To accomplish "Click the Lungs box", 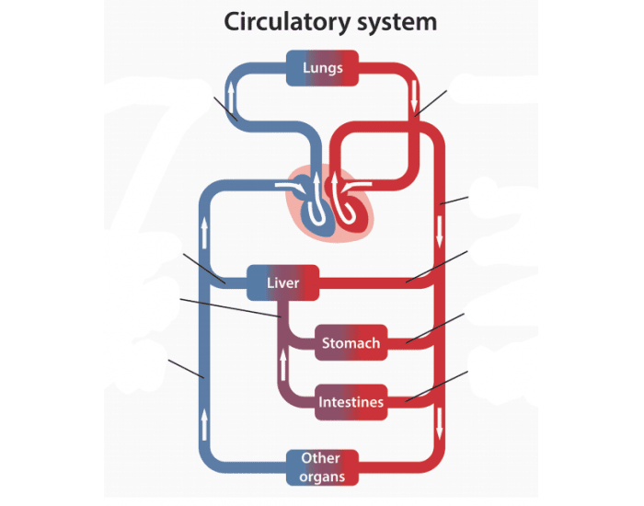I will coord(322,68).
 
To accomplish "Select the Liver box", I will coord(282,282).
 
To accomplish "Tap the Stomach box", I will coord(350,343).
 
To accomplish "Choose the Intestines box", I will coord(350,402).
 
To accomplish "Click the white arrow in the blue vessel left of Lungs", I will coord(231,94).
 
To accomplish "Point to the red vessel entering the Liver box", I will coord(368,282).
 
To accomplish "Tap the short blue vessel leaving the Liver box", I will coord(230,282).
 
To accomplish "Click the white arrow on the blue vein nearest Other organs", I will coord(204,425).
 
